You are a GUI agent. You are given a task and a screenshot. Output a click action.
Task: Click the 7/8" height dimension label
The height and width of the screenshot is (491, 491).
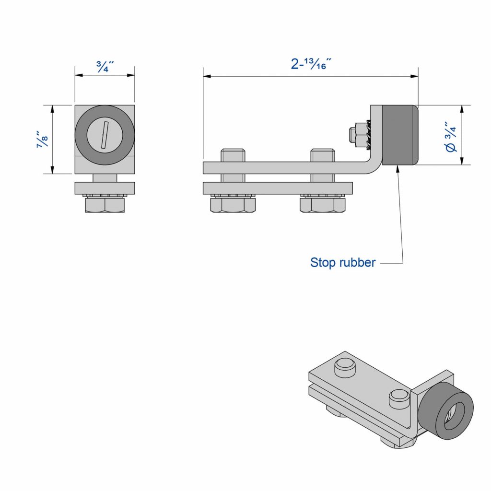pos(43,139)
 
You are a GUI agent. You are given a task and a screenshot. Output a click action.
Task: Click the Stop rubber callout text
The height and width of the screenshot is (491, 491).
pos(342,263)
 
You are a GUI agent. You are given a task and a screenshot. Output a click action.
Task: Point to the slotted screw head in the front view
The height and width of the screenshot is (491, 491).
pos(105,135)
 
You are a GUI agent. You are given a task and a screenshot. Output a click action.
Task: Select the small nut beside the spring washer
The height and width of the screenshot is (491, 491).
pos(356,134)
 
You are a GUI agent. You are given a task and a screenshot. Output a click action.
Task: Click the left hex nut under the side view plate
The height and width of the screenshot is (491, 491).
pos(233,205)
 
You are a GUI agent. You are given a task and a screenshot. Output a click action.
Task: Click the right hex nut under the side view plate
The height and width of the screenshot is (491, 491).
pos(322,205)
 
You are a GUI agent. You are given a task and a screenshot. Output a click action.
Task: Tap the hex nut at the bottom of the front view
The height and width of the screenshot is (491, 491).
pos(105,205)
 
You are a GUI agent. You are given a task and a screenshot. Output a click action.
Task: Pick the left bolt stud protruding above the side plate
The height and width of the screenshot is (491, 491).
pos(234,156)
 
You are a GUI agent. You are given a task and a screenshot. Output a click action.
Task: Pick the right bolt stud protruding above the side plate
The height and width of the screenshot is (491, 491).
pos(323,156)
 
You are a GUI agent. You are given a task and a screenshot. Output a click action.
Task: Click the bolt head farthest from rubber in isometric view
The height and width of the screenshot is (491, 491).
pos(345,365)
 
